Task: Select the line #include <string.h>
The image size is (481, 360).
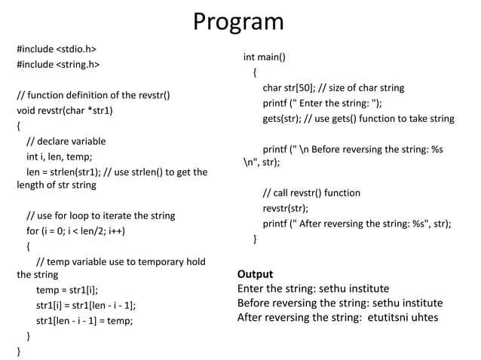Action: click(58, 65)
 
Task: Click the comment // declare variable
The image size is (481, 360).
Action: click(66, 141)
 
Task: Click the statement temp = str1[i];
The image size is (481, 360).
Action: click(67, 290)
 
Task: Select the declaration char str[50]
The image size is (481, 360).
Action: click(290, 87)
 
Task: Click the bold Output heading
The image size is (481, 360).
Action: click(255, 274)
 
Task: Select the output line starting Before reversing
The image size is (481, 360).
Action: click(340, 303)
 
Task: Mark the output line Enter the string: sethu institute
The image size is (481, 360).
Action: click(314, 288)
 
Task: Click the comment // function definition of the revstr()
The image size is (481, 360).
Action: click(93, 96)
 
